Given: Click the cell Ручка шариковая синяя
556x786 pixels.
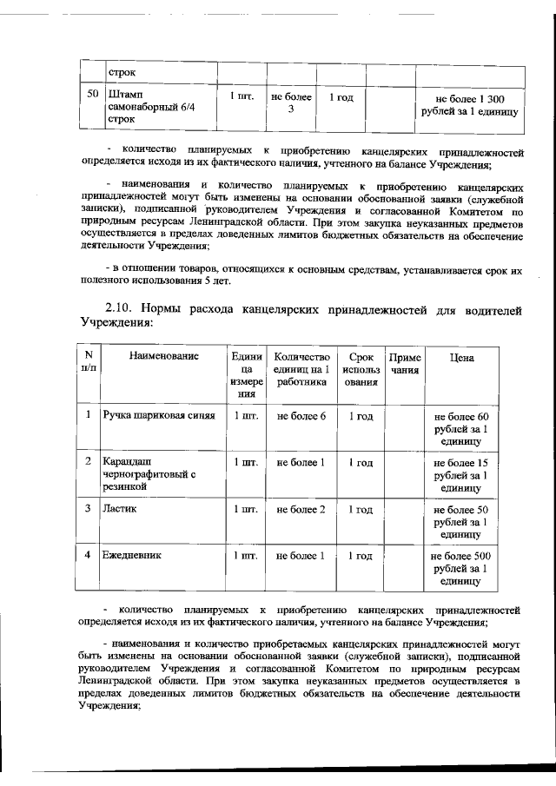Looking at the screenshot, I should click(158, 416).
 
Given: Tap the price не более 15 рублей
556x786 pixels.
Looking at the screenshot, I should click(460, 475).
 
